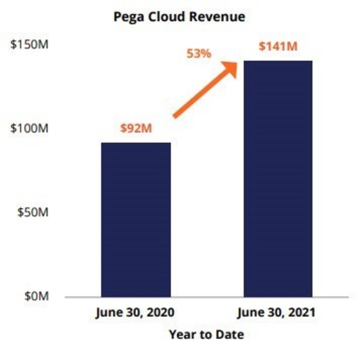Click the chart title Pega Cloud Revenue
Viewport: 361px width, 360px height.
(x=179, y=16)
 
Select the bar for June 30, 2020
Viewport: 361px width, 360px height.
(x=135, y=220)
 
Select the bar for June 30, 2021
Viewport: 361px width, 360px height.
(x=277, y=179)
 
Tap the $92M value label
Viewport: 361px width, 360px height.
(x=136, y=128)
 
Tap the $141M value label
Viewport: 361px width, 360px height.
(x=277, y=46)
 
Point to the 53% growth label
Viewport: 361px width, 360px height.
(x=199, y=54)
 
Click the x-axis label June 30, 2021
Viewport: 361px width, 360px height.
(x=277, y=313)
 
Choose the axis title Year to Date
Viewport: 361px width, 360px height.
(x=206, y=334)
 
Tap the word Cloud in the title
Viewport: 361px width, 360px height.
(x=165, y=16)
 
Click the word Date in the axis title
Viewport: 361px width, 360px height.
(x=231, y=334)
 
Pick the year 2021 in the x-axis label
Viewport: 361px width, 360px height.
(x=303, y=313)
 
